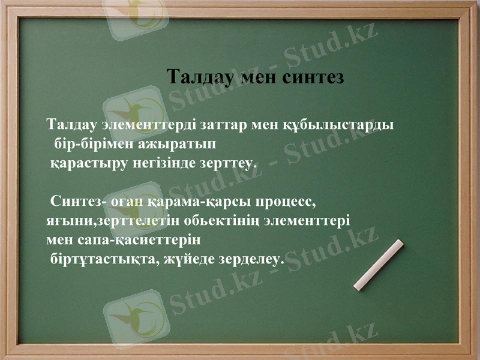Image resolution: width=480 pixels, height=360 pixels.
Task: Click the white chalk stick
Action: click(x=379, y=265)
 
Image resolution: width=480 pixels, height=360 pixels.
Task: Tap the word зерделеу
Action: click(x=251, y=259)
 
